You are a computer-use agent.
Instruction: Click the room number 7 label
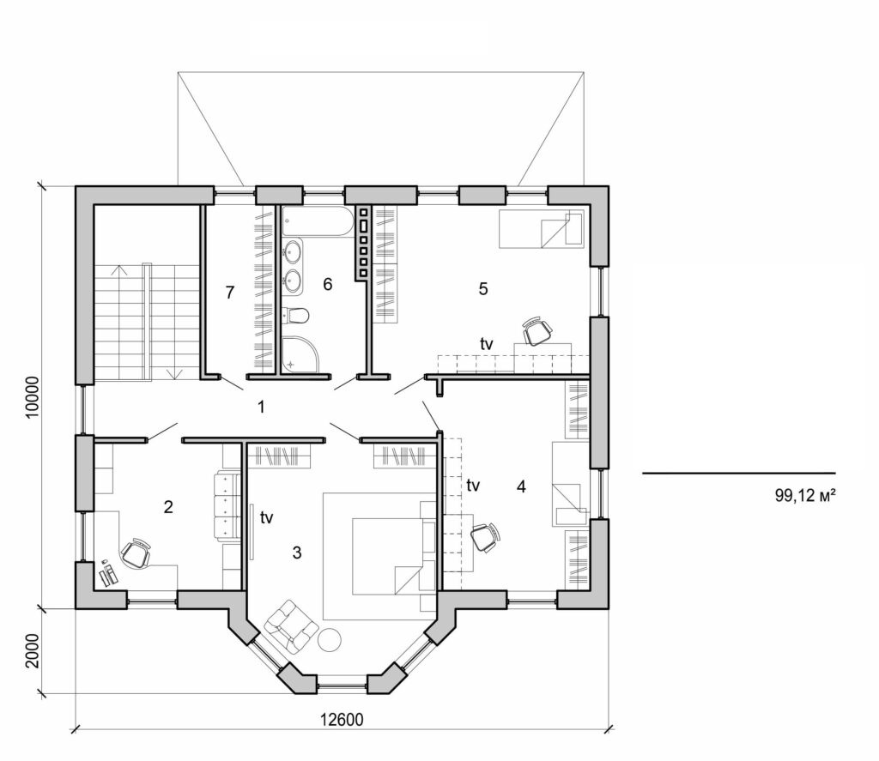229,293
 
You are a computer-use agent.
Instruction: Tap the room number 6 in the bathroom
327,285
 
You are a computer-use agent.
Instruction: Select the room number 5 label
483,289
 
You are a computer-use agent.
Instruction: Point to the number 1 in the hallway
261,406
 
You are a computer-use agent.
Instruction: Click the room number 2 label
168,506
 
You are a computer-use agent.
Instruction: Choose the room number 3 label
297,553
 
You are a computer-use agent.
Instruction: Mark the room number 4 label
521,487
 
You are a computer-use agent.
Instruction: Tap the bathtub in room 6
316,221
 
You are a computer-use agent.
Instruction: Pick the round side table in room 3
330,640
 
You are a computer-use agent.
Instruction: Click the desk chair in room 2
136,553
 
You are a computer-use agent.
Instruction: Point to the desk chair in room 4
484,537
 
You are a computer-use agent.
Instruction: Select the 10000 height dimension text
33,396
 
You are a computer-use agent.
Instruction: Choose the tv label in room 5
487,344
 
